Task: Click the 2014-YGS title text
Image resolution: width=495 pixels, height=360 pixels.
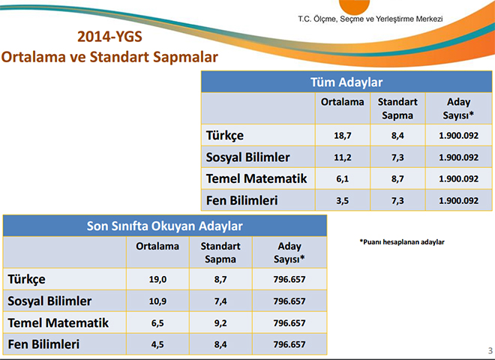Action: coord(109,37)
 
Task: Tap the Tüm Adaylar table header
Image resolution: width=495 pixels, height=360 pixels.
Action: coord(346,82)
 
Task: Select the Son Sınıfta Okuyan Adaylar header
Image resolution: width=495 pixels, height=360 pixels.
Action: coord(165,226)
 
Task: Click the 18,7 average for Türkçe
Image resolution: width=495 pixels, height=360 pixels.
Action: coord(343,136)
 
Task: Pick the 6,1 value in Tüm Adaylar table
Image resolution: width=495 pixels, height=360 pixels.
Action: coord(343,178)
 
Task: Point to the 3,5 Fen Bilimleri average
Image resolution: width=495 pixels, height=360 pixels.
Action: coord(343,200)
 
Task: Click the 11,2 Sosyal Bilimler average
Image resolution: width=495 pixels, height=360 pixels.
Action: coord(343,157)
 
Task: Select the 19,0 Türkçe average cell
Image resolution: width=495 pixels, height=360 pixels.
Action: coord(157,279)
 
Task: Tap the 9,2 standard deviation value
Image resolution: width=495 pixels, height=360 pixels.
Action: coord(220,322)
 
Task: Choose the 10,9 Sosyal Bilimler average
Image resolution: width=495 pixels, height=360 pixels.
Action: coord(157,301)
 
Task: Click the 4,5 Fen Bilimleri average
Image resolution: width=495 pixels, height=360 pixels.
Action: coord(157,344)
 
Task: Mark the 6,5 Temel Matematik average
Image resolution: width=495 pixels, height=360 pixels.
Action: coord(157,322)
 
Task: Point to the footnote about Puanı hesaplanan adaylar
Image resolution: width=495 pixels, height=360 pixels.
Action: coord(402,242)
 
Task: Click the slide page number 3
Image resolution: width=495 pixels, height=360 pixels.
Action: coord(490,350)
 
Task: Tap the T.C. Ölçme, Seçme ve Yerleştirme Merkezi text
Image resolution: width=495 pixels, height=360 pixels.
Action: coord(370,19)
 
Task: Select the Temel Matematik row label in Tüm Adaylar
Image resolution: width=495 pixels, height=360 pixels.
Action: coord(256,178)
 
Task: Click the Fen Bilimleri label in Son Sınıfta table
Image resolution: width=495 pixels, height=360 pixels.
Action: coord(43,344)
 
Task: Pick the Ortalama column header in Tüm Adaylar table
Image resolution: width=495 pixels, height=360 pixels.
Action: coord(343,102)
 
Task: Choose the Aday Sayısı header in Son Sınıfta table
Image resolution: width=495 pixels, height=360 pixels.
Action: coord(289,253)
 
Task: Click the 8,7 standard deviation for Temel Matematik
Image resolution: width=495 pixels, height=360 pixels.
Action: coord(397,178)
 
